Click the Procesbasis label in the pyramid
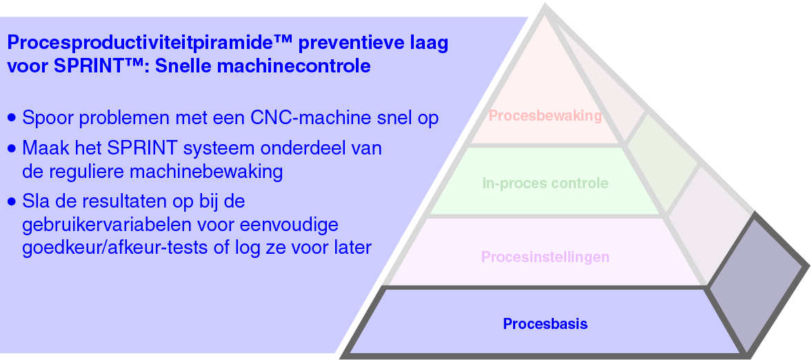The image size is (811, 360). (545, 323)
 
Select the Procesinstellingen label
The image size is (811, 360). (545, 257)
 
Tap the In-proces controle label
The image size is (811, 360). (545, 183)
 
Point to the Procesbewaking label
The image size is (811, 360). (545, 115)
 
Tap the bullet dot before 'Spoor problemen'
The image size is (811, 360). (12, 118)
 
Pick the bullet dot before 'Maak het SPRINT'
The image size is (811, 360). (12, 148)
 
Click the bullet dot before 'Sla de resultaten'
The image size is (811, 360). (12, 202)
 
